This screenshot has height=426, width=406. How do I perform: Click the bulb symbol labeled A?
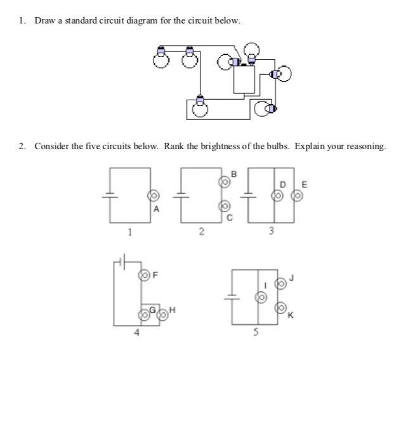[152, 196]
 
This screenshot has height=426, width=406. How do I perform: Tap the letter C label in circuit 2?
[231, 218]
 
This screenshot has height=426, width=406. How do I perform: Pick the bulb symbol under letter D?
[277, 196]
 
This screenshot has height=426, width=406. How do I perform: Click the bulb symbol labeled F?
[145, 275]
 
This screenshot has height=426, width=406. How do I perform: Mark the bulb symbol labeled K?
[280, 308]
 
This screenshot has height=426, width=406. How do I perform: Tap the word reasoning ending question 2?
[365, 147]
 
